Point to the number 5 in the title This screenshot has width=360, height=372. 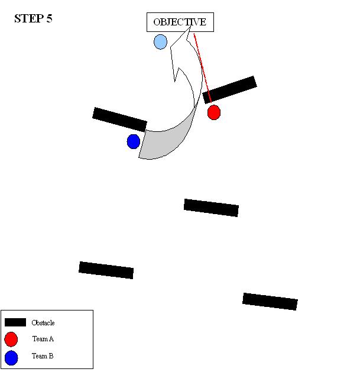(50, 18)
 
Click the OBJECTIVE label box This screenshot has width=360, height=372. (180, 22)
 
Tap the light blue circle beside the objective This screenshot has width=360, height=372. (160, 42)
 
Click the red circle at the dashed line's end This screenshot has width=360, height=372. (214, 112)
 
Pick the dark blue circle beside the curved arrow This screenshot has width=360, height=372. (134, 141)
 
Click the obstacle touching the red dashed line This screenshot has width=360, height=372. (229, 90)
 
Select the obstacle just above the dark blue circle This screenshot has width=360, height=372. (119, 119)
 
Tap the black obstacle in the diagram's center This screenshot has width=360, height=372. (211, 208)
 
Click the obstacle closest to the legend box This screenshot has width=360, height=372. (106, 270)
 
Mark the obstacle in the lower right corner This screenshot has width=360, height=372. (270, 301)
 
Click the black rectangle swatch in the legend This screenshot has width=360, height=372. (15, 322)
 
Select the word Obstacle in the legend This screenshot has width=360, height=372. (43, 323)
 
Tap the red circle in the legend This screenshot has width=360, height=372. (11, 339)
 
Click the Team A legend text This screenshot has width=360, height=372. (43, 339)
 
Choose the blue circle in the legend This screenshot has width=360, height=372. (11, 357)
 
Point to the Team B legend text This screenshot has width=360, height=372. (43, 357)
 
